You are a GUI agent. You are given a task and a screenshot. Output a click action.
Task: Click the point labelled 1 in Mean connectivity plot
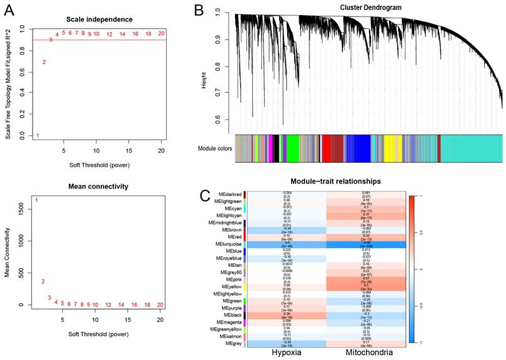tap(36, 200)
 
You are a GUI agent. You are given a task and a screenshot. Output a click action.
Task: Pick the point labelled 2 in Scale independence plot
tap(43, 62)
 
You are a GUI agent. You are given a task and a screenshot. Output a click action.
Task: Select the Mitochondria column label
tap(367, 352)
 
